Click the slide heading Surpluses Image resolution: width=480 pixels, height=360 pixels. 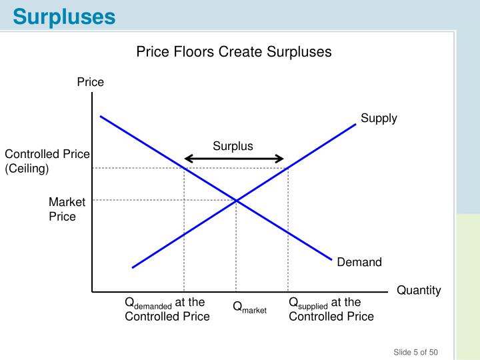pyautogui.click(x=64, y=16)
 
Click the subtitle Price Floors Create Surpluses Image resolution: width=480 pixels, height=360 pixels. pyautogui.click(x=234, y=52)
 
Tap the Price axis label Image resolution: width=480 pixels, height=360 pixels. pyautogui.click(x=91, y=82)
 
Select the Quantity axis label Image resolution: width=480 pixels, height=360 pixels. pyautogui.click(x=419, y=290)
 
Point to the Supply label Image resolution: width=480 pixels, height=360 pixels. pyautogui.click(x=379, y=118)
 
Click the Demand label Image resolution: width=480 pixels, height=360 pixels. pyautogui.click(x=359, y=262)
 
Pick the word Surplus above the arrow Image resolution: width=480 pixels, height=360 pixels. pyautogui.click(x=233, y=146)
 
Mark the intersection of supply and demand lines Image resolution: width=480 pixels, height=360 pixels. pyautogui.click(x=236, y=199)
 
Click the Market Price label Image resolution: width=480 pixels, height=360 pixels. pyautogui.click(x=67, y=209)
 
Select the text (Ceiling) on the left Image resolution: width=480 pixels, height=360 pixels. pyautogui.click(x=27, y=169)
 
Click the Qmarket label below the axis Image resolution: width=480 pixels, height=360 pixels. pyautogui.click(x=249, y=307)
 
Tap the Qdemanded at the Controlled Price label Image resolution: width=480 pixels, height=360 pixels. pyautogui.click(x=167, y=309)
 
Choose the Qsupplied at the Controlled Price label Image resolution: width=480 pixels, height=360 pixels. pyautogui.click(x=331, y=309)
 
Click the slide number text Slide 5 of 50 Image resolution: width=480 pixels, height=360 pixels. pyautogui.click(x=415, y=352)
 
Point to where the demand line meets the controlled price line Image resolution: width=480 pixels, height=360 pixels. pyautogui.click(x=184, y=168)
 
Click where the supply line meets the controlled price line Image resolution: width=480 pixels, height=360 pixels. pyautogui.click(x=288, y=168)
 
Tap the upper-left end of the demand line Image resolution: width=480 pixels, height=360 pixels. pyautogui.click(x=101, y=117)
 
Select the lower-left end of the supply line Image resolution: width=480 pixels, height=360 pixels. pyautogui.click(x=133, y=267)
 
